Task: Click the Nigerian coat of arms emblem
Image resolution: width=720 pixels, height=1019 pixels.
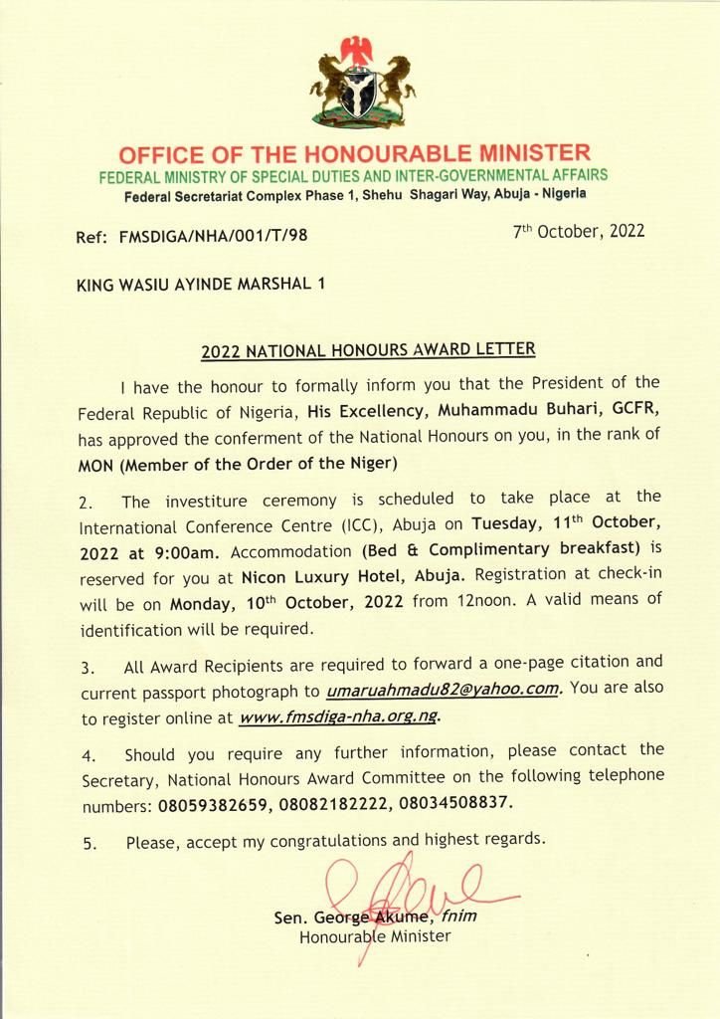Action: pyautogui.click(x=360, y=88)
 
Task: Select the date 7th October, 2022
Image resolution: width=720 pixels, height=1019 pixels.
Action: pyautogui.click(x=579, y=232)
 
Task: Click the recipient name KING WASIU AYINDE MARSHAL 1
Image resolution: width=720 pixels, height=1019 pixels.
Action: pyautogui.click(x=201, y=284)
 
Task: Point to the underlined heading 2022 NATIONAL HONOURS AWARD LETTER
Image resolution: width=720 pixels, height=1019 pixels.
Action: pyautogui.click(x=368, y=350)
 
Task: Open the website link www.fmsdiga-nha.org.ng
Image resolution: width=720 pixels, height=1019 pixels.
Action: pyautogui.click(x=338, y=716)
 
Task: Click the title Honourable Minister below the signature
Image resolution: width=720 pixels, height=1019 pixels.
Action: pyautogui.click(x=375, y=936)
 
